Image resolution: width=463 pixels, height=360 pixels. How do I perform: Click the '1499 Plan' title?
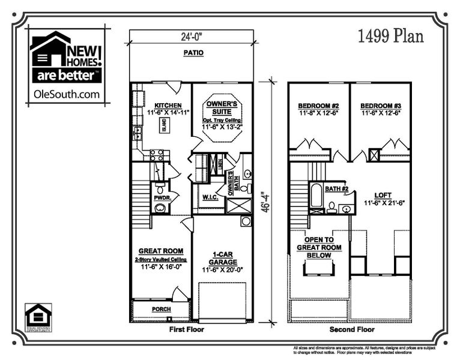pos(390,37)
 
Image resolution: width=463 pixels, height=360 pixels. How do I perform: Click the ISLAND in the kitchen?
pos(163,125)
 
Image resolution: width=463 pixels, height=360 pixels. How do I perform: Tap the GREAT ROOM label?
pos(161,251)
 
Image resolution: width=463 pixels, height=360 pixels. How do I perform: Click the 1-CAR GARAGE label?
pos(222,257)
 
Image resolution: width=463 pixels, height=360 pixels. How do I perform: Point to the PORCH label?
pos(161,309)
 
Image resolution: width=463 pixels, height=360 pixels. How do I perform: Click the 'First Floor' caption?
pos(187,329)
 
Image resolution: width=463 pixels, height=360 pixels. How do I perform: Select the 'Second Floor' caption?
pos(351,329)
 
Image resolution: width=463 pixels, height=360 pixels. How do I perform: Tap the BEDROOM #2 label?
pos(319,106)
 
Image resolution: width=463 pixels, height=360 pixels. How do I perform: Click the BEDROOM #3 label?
pos(380,106)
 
